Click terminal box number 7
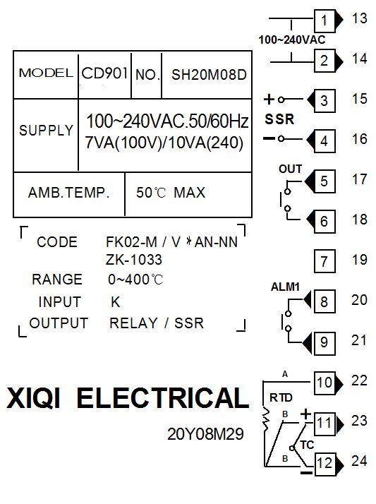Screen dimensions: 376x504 tap(325, 261)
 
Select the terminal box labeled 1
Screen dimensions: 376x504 tap(325, 20)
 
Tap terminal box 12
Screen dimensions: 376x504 tap(325, 464)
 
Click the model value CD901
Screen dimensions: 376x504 tap(104, 73)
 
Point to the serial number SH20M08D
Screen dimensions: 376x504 tap(209, 75)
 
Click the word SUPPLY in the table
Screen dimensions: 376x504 tap(47, 131)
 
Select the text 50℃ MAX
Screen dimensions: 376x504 tap(171, 193)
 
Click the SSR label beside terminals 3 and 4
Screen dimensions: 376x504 tap(279, 119)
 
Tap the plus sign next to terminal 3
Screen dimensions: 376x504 tap(269, 100)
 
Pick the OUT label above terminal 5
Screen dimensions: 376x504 tap(290, 169)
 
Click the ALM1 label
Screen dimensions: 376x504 tap(285, 287)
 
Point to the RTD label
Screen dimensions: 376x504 tap(281, 397)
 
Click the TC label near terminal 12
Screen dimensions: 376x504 tap(307, 445)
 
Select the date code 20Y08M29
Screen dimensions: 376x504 tap(205, 434)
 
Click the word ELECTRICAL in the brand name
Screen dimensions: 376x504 tap(163, 398)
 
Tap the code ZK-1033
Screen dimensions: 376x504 tap(134, 260)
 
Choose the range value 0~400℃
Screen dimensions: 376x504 tap(135, 280)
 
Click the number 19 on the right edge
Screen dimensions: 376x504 tap(359, 260)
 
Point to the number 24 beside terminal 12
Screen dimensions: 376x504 tap(359, 461)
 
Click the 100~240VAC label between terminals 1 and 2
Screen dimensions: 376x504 tap(292, 40)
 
